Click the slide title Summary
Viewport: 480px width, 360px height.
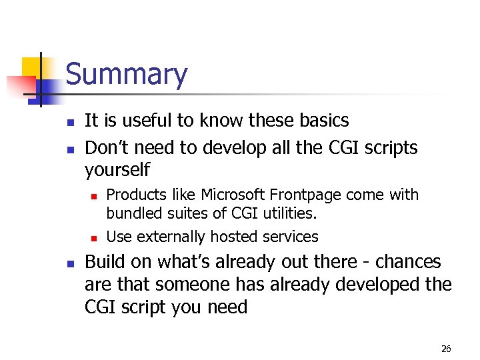127,75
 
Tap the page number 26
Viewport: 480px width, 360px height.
446,348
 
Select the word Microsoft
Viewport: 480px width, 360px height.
233,195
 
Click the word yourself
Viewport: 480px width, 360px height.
117,170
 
